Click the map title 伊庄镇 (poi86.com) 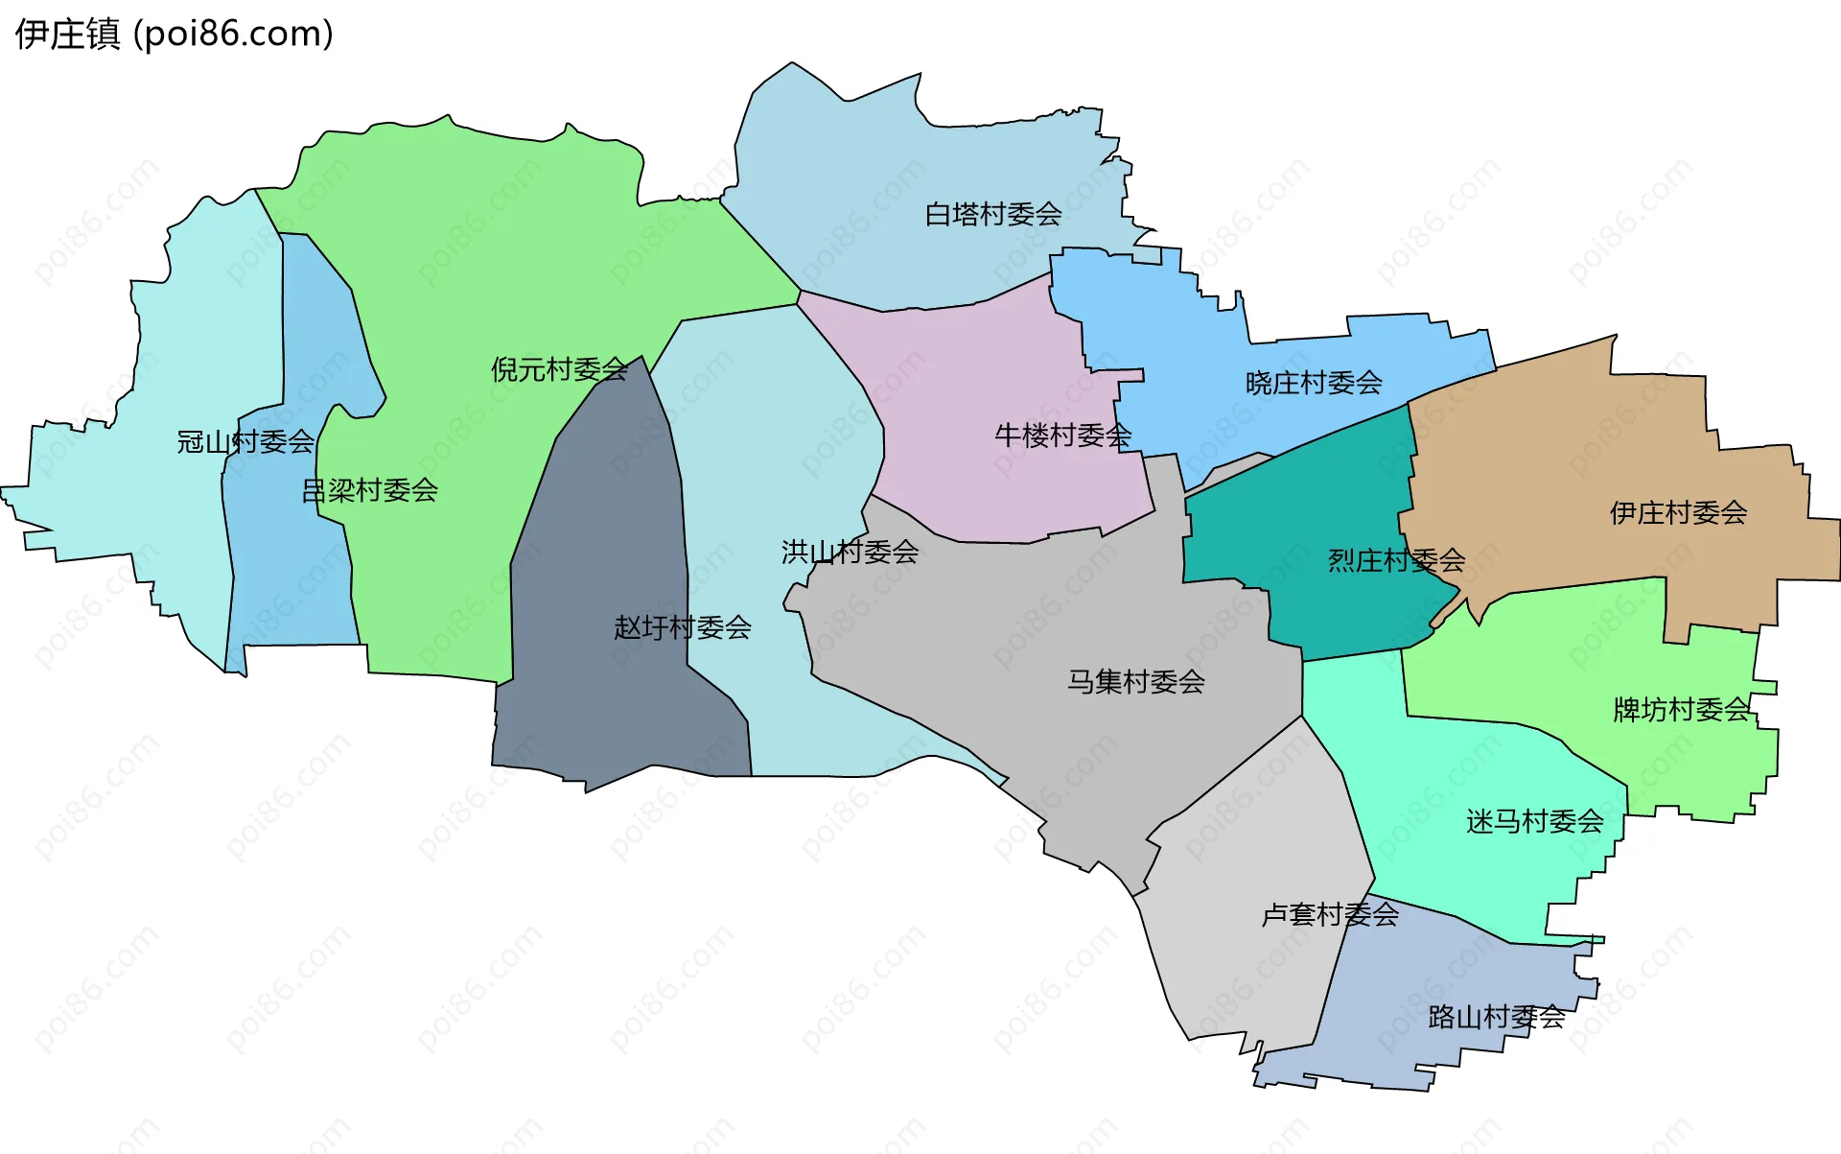click(x=174, y=35)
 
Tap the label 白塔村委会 click(x=992, y=214)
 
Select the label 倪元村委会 click(x=559, y=369)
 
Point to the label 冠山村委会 click(x=245, y=441)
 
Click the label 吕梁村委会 click(x=369, y=490)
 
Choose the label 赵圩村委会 click(x=682, y=627)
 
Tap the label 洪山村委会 click(x=850, y=552)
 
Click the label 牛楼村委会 click(x=1062, y=436)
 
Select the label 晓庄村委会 click(x=1314, y=383)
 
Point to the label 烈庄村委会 click(x=1396, y=560)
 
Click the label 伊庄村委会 click(x=1678, y=512)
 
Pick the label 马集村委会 click(x=1135, y=681)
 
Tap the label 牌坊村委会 click(x=1682, y=710)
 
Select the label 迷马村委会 click(x=1534, y=821)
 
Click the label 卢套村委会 click(x=1329, y=914)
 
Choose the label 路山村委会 click(x=1496, y=1017)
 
